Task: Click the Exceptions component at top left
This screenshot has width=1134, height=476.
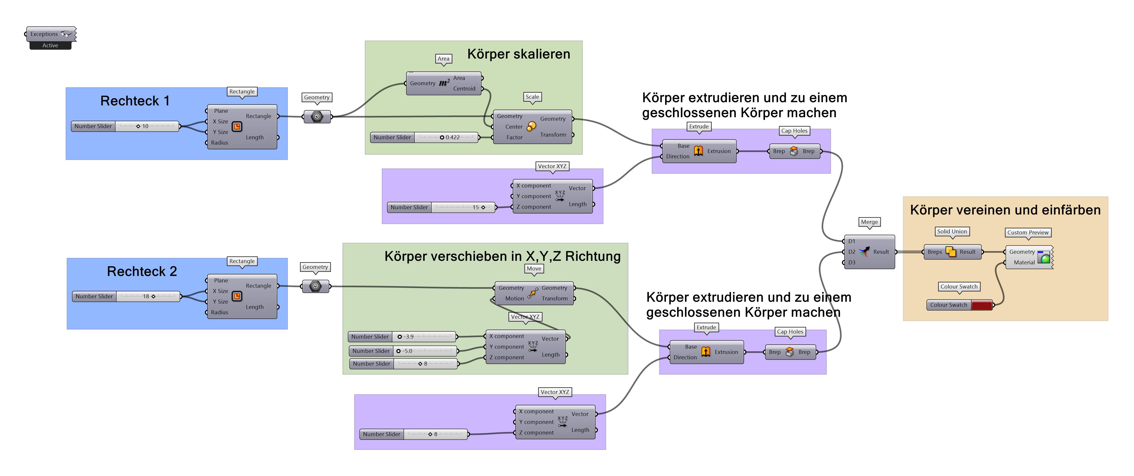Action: (50, 34)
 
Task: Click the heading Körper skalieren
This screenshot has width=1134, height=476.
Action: (518, 54)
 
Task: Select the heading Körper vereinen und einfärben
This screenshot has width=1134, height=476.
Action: (1005, 210)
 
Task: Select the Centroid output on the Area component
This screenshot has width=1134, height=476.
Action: (464, 89)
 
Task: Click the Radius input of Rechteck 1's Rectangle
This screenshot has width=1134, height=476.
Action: (219, 143)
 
